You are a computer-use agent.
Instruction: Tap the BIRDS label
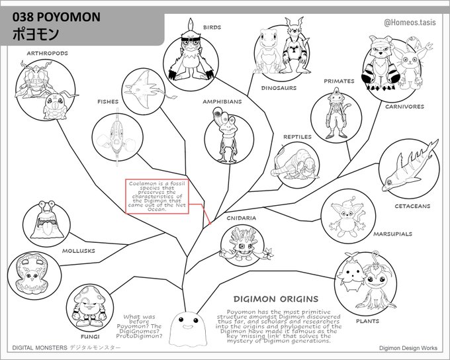click(212, 27)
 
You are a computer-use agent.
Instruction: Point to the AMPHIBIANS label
click(222, 102)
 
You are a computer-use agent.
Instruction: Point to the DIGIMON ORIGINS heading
click(272, 298)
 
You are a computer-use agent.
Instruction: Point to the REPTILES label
click(297, 137)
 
